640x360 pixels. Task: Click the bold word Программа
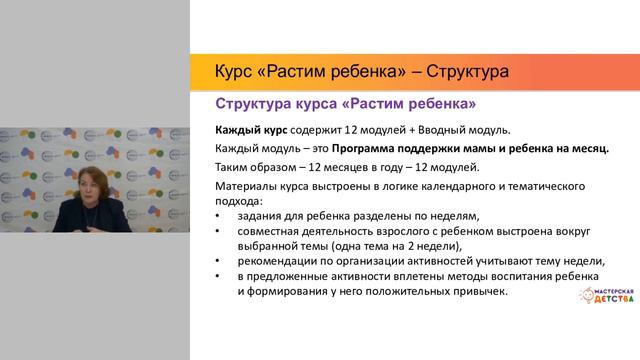372,149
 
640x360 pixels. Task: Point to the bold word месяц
587,149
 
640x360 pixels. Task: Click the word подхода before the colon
239,200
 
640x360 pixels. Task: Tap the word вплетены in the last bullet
400,277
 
